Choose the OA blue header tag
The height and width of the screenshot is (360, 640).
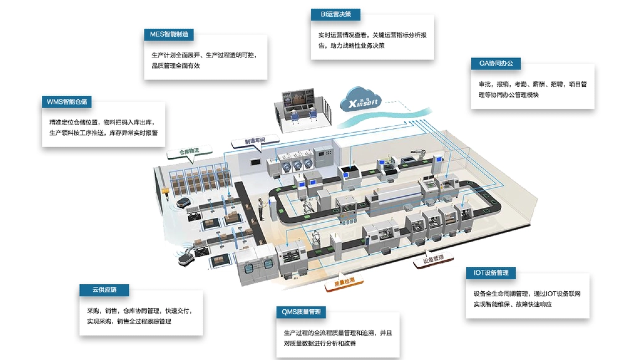[497, 63]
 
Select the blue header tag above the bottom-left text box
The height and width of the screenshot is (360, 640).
[104, 290]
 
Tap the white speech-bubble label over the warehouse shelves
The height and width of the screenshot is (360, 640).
[190, 153]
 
